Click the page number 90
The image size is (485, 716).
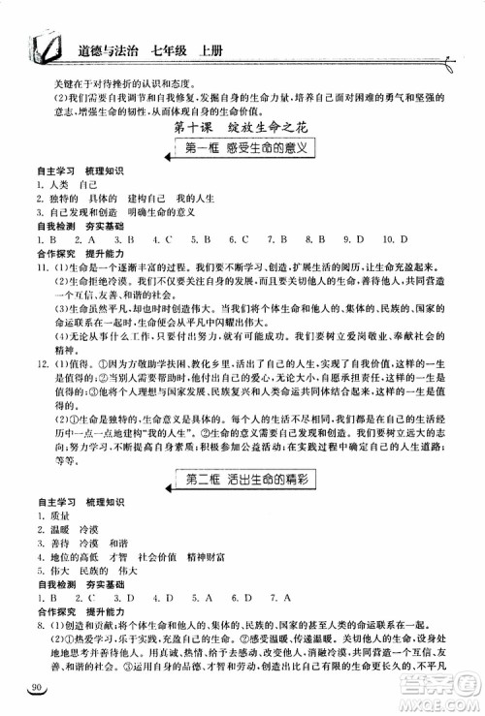pyautogui.click(x=36, y=688)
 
